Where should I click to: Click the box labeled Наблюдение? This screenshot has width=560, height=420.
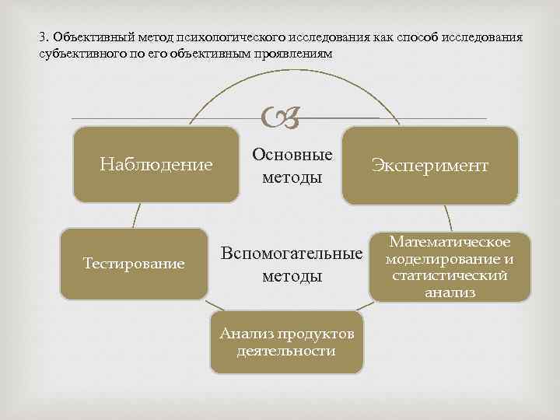[x=156, y=164]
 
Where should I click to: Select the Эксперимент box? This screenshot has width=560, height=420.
[x=429, y=165]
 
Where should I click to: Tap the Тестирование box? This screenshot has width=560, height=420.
[x=134, y=264]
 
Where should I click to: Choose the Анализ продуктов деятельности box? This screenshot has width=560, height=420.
[x=286, y=343]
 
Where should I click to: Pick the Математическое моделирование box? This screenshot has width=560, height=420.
[x=450, y=266]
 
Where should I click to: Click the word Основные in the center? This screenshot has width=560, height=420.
[x=292, y=155]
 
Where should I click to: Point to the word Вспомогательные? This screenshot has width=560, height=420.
[x=292, y=254]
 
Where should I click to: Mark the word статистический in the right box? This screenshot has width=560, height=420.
[x=450, y=276]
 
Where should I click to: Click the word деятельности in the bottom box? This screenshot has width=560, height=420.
[x=286, y=352]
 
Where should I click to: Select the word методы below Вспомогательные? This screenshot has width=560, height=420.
[x=292, y=276]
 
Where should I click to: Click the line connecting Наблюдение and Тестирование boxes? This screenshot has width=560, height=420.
[x=135, y=215]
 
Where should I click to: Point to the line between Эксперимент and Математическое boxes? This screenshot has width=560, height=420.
[x=448, y=218]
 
